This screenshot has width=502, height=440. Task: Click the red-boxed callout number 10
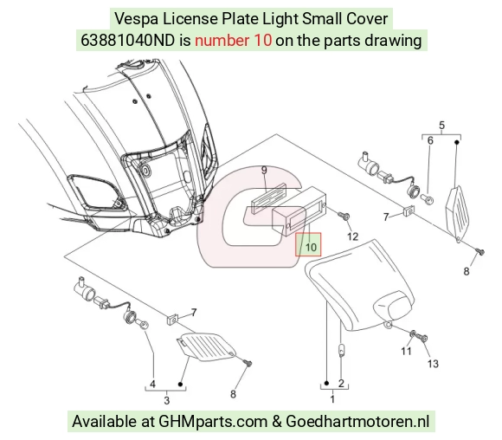click(x=311, y=247)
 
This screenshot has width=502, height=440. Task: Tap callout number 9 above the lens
click(x=264, y=170)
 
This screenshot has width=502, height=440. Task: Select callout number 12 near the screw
click(x=352, y=236)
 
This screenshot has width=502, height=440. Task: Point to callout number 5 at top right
click(x=441, y=125)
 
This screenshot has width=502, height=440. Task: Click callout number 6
click(x=430, y=140)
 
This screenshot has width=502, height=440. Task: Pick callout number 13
click(x=433, y=364)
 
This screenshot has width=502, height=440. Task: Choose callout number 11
click(x=406, y=352)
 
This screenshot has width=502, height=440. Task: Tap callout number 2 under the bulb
click(x=341, y=383)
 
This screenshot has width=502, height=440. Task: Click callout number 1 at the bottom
click(x=332, y=399)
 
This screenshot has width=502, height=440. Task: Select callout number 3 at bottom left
click(x=166, y=400)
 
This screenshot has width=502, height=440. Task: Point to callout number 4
click(x=152, y=384)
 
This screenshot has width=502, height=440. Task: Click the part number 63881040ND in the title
click(x=128, y=41)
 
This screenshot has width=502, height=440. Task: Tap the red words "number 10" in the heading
click(x=234, y=41)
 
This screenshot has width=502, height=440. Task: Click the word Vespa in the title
click(x=136, y=18)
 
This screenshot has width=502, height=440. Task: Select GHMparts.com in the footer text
click(x=213, y=421)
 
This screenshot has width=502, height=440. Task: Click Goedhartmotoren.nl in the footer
click(x=357, y=421)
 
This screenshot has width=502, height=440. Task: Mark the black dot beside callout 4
click(x=180, y=384)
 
